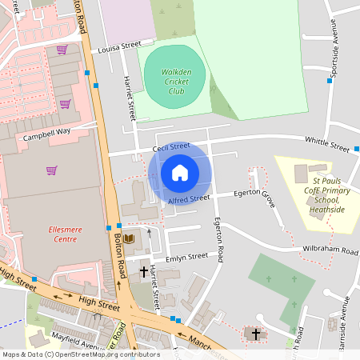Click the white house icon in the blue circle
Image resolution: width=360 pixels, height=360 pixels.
(180, 172)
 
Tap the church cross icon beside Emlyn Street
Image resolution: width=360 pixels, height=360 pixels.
(144, 272)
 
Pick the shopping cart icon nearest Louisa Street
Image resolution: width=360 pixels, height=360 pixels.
(62, 50)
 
